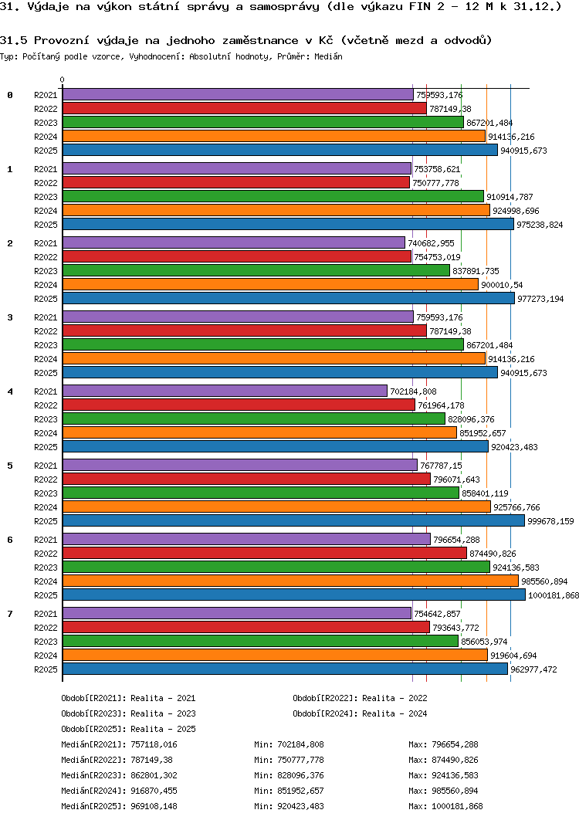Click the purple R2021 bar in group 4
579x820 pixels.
[224, 391]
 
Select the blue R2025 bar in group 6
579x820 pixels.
[293, 595]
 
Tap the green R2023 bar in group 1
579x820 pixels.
[273, 196]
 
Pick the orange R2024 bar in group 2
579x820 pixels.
[270, 284]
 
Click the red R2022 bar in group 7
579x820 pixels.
[245, 627]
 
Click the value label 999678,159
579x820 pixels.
[550, 521]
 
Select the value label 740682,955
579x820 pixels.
[431, 243]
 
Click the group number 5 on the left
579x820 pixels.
[10, 466]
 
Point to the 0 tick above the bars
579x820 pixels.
[63, 80]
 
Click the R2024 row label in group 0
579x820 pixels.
[46, 137]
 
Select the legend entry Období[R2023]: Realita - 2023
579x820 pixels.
[128, 713]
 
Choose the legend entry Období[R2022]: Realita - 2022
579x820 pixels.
[360, 698]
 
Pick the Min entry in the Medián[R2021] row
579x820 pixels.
[289, 744]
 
